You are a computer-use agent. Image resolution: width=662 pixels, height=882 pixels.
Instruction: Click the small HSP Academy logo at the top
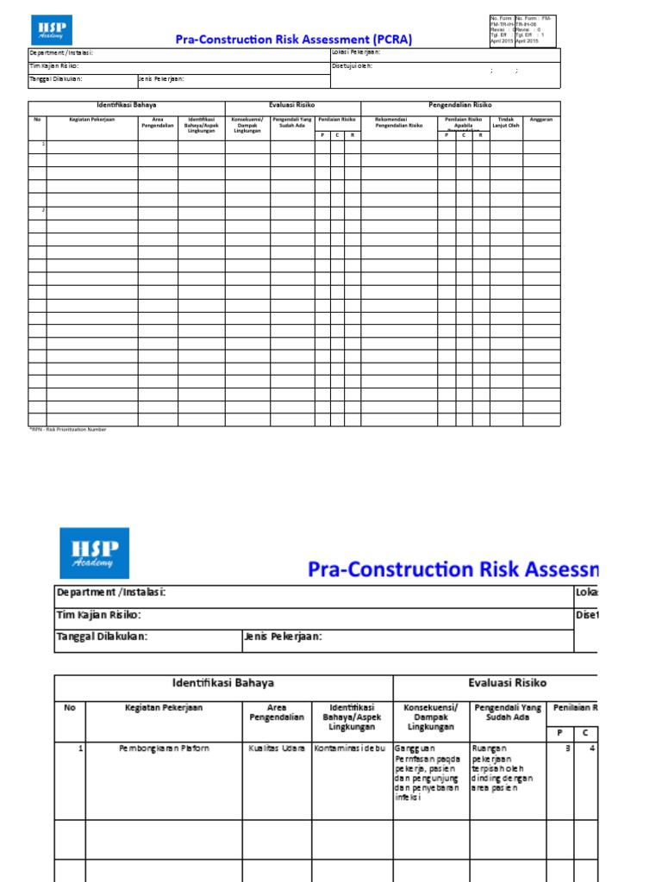click(52, 30)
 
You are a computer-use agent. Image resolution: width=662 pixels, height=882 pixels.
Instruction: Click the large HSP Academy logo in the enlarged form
click(94, 552)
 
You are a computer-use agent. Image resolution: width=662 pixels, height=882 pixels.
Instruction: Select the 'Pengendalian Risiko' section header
click(460, 105)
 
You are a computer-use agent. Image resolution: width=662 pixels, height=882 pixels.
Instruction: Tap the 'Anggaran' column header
click(541, 120)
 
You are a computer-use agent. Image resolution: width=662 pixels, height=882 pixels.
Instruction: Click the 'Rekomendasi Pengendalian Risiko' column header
click(398, 122)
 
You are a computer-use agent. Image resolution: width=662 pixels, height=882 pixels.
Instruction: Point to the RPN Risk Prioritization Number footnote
click(69, 429)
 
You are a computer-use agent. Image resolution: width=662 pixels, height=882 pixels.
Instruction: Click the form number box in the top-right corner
click(522, 30)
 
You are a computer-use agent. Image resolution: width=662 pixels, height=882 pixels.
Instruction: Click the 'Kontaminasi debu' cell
click(352, 748)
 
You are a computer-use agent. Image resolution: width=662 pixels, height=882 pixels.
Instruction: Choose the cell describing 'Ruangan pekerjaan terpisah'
click(507, 767)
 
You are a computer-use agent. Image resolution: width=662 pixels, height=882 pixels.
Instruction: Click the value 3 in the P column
click(567, 748)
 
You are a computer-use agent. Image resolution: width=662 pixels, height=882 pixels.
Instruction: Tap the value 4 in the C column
click(591, 748)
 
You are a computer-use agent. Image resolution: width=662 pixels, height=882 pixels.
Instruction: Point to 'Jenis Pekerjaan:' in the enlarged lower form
click(284, 637)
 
